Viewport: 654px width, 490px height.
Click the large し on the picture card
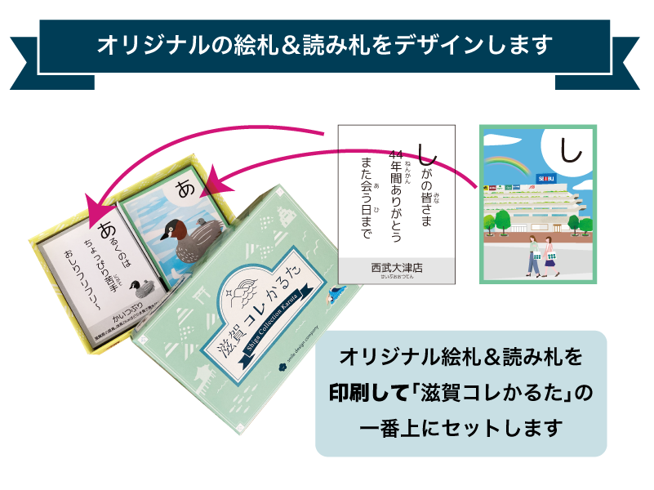[570, 149]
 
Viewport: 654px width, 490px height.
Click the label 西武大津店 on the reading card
[397, 266]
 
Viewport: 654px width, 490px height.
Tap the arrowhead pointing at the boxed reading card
[92, 206]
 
